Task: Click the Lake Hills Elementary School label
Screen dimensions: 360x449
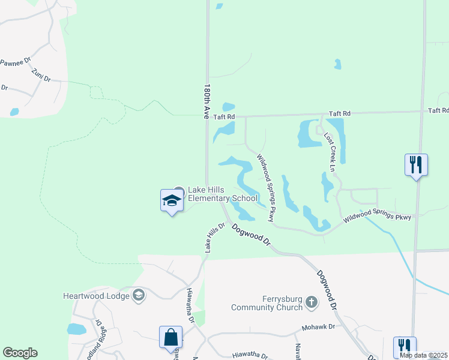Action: [x=223, y=194]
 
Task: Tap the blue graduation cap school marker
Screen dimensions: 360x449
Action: [x=172, y=201]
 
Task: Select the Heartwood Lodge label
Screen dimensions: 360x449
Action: [x=96, y=295]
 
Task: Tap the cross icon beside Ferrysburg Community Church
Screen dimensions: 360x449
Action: [x=311, y=302]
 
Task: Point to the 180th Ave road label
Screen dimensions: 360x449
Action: [x=206, y=101]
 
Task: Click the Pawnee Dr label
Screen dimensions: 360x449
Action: [x=16, y=62]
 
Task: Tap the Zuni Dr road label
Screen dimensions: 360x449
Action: [x=41, y=74]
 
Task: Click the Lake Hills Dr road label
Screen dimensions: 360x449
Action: [x=214, y=238]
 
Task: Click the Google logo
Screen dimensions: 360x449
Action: [x=20, y=353]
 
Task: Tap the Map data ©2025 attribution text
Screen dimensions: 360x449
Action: [x=424, y=355]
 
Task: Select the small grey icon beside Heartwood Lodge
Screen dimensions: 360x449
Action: [x=139, y=295]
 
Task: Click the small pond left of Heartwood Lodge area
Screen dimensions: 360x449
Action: [x=76, y=329]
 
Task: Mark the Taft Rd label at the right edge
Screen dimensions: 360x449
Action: [x=438, y=110]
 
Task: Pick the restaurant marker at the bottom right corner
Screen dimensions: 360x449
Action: [x=403, y=347]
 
